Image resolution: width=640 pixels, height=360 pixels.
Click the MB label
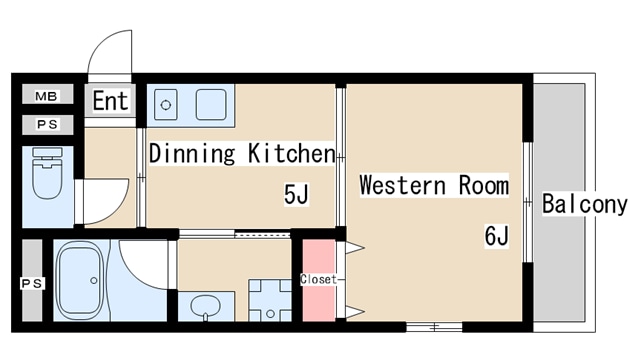coord(46,96)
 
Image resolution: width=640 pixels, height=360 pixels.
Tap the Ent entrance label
coord(110,101)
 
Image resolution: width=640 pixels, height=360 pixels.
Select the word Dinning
coord(192,153)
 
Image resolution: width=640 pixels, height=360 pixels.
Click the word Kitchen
coord(291,153)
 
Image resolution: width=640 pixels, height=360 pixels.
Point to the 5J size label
coord(296,194)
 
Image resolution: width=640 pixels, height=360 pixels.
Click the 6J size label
coord(497,236)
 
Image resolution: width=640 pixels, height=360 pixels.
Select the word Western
coord(402,185)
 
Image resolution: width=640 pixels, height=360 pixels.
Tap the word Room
coord(484,185)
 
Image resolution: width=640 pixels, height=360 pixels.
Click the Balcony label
coord(584,204)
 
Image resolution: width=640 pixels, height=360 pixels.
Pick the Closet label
coord(318,279)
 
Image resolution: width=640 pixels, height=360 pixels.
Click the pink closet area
coord(319,280)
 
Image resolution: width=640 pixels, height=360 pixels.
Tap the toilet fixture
coord(47,173)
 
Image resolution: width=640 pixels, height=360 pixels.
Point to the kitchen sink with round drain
coord(166,105)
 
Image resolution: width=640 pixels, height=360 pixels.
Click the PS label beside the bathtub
coord(32,283)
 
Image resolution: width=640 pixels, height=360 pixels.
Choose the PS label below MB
coord(47,124)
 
